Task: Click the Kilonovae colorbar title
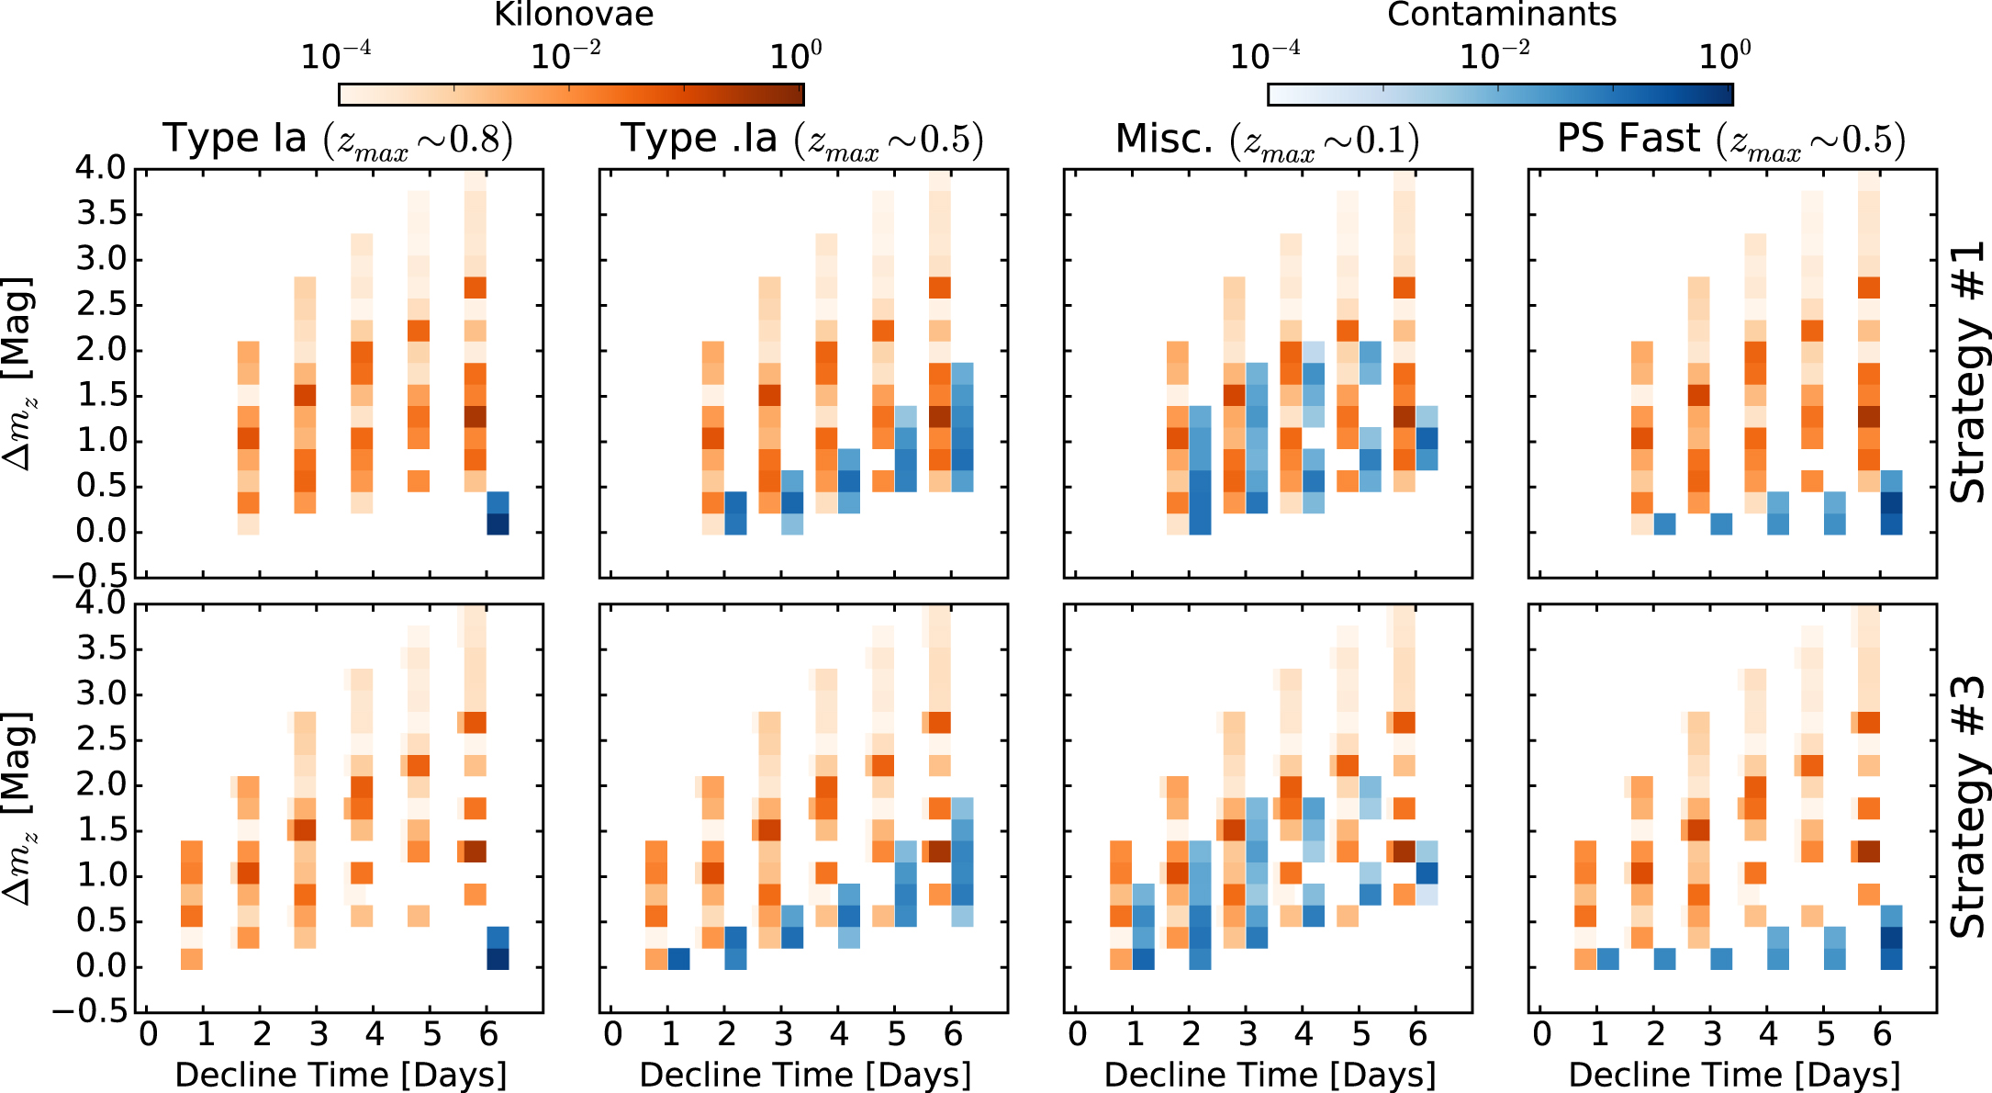[574, 14]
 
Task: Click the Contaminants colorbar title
[1502, 14]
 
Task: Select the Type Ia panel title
[338, 140]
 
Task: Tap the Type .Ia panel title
[802, 140]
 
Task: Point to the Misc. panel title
[1267, 140]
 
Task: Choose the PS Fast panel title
[1731, 140]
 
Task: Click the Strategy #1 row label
[1967, 372]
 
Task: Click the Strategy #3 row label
[1967, 806]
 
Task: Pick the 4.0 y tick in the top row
[101, 168]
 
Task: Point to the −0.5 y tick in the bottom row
[89, 1011]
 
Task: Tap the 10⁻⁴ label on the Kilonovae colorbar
[336, 56]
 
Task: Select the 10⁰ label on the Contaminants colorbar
[1724, 56]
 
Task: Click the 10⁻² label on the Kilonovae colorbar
[565, 56]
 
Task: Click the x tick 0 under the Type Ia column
[148, 1035]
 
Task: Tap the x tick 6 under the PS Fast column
[1882, 1035]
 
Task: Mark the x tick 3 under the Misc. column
[1248, 1035]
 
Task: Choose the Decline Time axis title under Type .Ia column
[804, 1075]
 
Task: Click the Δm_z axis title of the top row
[18, 372]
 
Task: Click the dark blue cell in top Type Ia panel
[497, 524]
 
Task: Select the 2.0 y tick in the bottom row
[101, 785]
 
